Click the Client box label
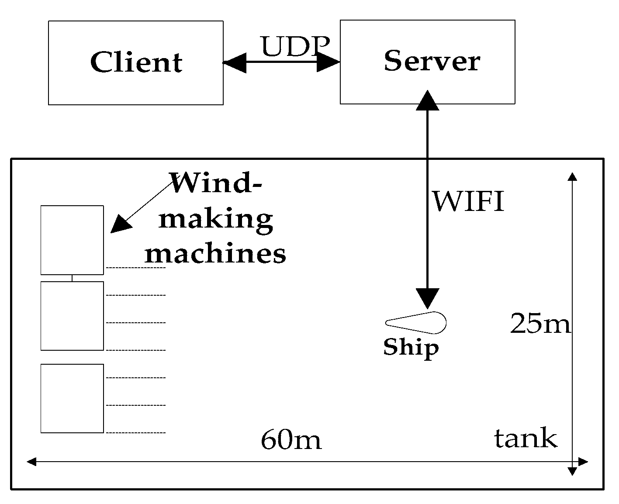pos(136,62)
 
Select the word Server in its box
pos(432,61)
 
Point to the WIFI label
pos(468,201)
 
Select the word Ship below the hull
pos(411,348)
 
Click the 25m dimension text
pos(540,324)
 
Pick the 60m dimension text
pos(291,439)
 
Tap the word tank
pos(526,438)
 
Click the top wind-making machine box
pos(72,240)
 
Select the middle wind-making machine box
pos(72,316)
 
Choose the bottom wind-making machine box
pos(72,398)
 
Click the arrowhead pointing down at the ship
pos(427,298)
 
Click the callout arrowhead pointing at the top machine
pos(120,225)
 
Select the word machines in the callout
pos(215,253)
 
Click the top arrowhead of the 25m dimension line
pos(572,176)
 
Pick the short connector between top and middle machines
pos(72,278)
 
